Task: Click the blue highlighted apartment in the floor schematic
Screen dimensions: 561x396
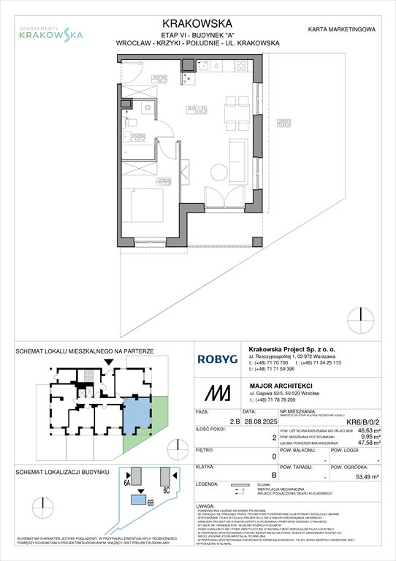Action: (135, 414)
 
